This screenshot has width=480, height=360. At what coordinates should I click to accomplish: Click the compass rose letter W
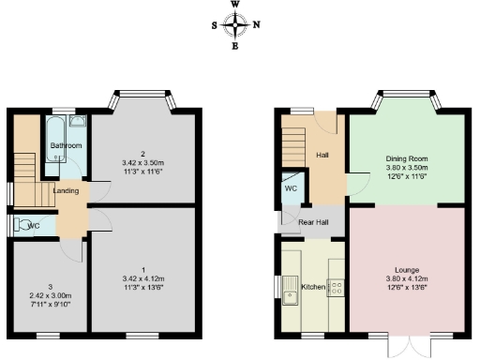pyautogui.click(x=234, y=5)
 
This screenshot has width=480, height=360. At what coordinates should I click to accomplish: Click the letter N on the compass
pyautogui.click(x=258, y=25)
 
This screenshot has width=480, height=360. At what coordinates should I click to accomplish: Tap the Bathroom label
pyautogui.click(x=66, y=146)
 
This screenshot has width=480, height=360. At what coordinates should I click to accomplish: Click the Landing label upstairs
pyautogui.click(x=66, y=191)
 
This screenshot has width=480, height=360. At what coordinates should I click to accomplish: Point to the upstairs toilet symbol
pyautogui.click(x=21, y=225)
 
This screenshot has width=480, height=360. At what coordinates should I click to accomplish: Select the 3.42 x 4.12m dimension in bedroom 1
pyautogui.click(x=143, y=278)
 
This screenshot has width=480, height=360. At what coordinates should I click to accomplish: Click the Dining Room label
pyautogui.click(x=407, y=159)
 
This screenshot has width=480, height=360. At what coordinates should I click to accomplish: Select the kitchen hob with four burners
pyautogui.click(x=336, y=289)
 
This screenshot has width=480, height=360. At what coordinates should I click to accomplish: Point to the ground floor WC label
pyautogui.click(x=291, y=188)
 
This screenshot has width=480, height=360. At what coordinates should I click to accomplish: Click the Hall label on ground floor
pyautogui.click(x=322, y=156)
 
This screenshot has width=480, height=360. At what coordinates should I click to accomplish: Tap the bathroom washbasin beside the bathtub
pyautogui.click(x=78, y=121)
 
